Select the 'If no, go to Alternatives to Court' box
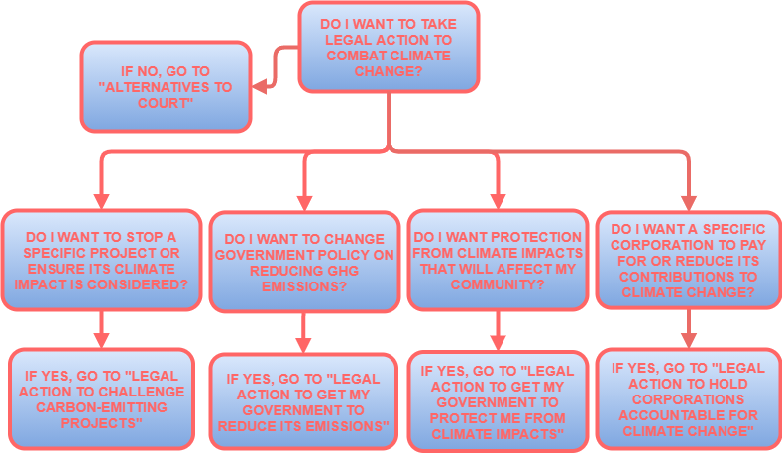point(166,86)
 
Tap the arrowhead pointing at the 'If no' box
point(260,87)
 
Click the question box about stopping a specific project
point(101,260)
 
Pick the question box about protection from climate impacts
point(498,260)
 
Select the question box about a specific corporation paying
point(688,260)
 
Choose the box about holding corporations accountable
point(688,398)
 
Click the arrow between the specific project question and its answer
point(101,331)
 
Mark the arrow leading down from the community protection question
point(498,331)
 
